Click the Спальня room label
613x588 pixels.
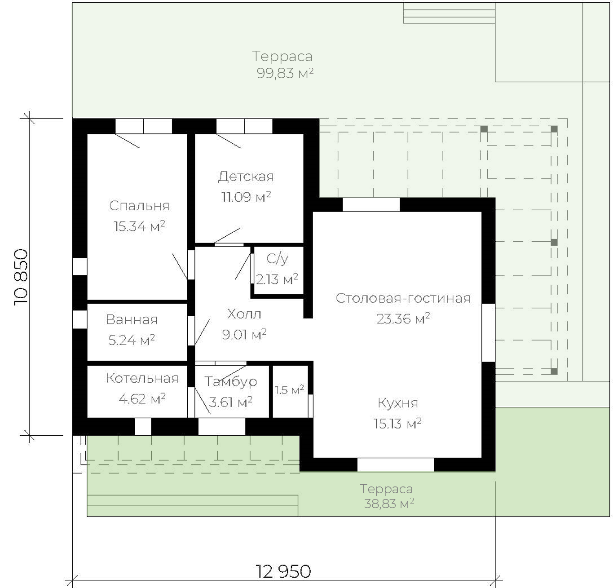(139, 206)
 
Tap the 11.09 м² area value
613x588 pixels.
(246, 197)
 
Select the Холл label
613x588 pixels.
(244, 314)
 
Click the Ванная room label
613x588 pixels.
(132, 320)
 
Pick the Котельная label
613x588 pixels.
(142, 378)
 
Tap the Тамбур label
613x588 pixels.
(231, 382)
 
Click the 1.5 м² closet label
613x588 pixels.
(290, 390)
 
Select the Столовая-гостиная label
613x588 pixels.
(403, 298)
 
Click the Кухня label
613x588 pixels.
(398, 403)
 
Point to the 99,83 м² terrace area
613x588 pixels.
(285, 73)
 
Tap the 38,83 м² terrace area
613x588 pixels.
(389, 504)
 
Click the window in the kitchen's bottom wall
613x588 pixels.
(396, 464)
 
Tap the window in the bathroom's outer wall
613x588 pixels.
(79, 319)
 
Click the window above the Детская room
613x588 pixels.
(244, 126)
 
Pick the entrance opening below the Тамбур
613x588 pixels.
(221, 426)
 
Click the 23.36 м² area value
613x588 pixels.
(403, 319)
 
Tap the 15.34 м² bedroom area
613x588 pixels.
(139, 226)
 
